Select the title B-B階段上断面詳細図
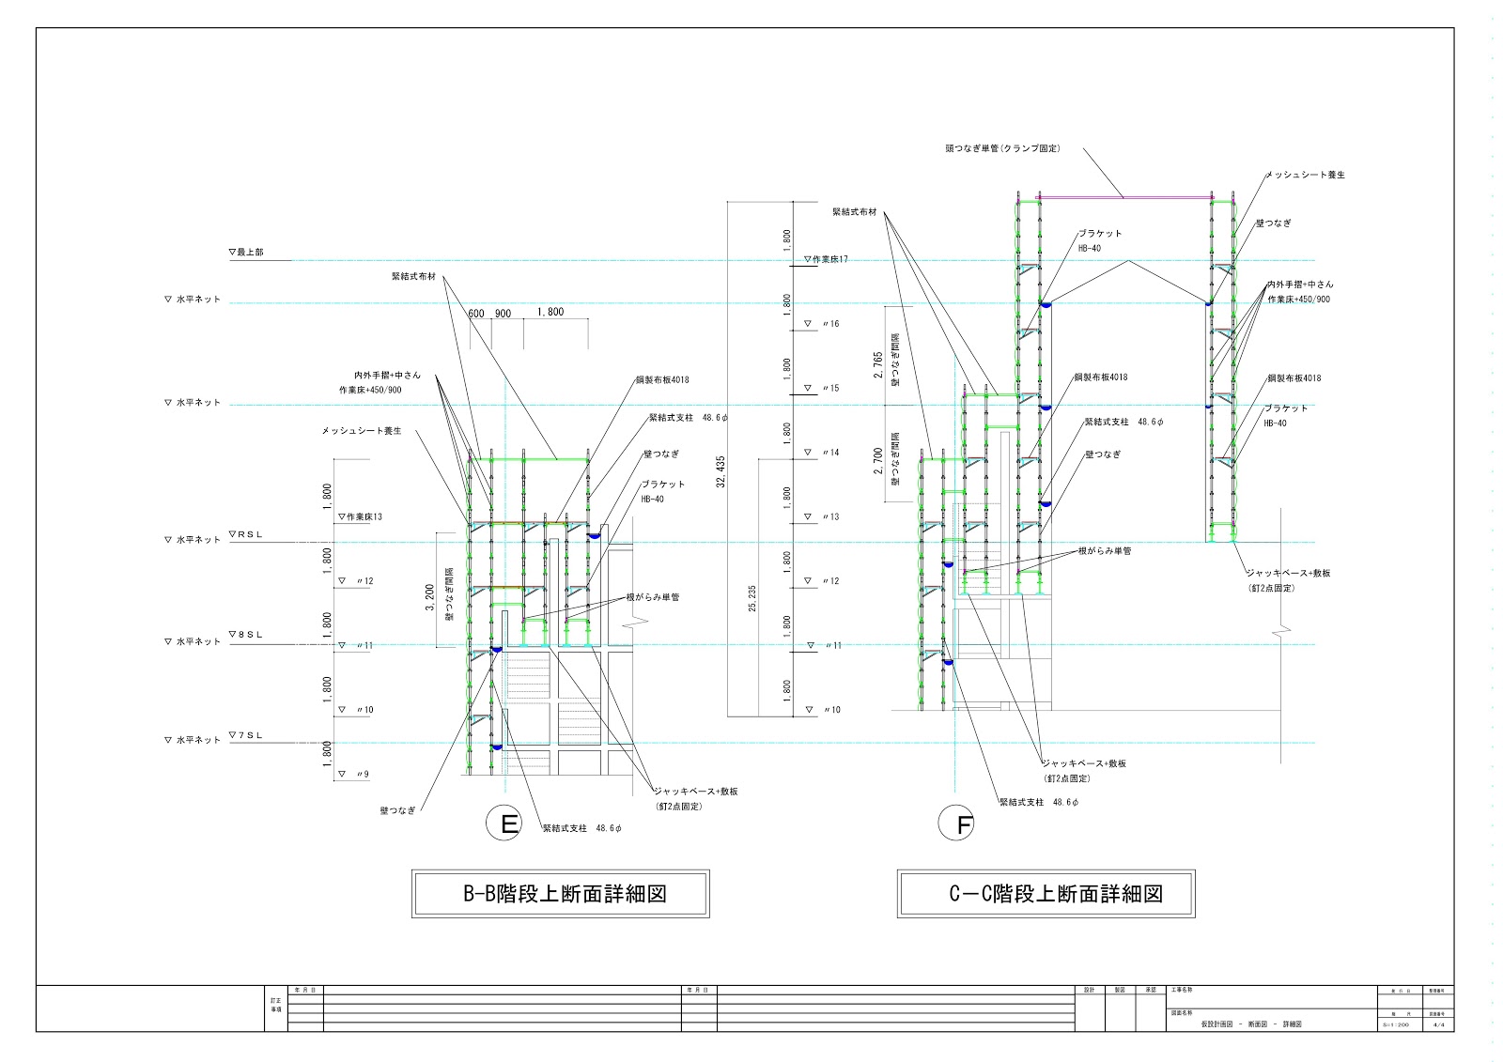561,893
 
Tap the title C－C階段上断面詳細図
1046,893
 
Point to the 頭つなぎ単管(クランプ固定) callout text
1002,148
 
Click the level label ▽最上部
246,253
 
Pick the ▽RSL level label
246,534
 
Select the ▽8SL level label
246,636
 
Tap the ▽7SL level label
246,735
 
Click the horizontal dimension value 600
476,314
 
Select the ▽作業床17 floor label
826,259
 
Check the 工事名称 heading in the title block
1182,990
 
